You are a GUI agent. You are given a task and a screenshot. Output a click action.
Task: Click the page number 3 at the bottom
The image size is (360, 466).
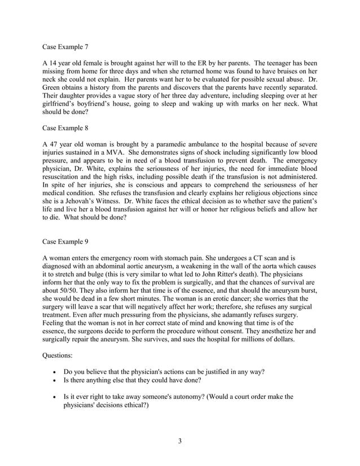pos(179,441)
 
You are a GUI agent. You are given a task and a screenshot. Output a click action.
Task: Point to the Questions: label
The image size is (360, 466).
pos(59,356)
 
